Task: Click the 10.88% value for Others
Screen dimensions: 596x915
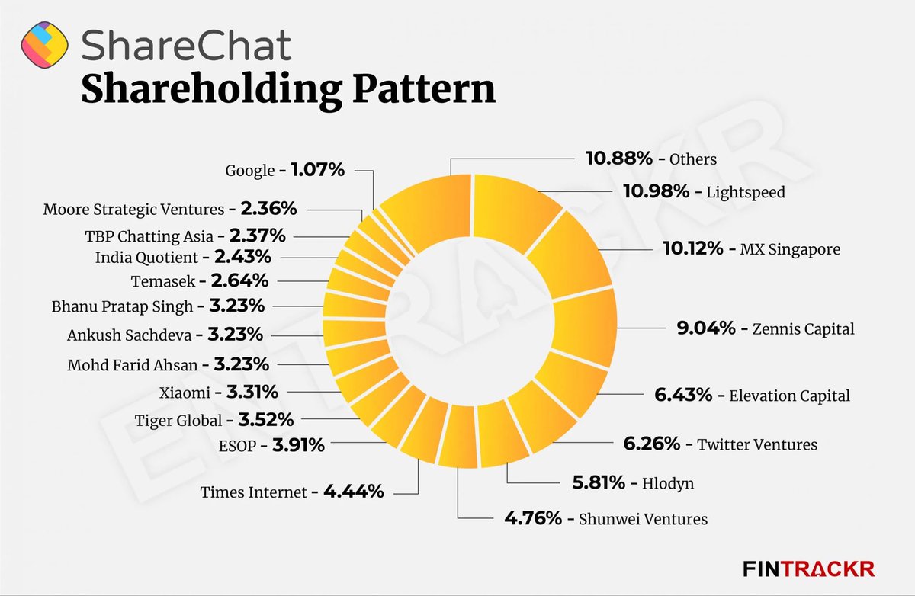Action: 618,159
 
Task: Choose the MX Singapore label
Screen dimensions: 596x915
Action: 791,249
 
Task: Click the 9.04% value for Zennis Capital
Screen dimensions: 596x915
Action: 706,328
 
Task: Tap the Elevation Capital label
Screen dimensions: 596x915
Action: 789,396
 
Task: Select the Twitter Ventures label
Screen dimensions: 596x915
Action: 757,444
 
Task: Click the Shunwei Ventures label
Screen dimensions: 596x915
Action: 643,519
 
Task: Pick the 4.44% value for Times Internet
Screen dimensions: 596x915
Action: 353,492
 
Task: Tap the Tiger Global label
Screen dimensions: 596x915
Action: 179,420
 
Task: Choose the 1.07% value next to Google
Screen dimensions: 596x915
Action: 317,170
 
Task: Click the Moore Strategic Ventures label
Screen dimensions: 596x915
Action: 133,209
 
